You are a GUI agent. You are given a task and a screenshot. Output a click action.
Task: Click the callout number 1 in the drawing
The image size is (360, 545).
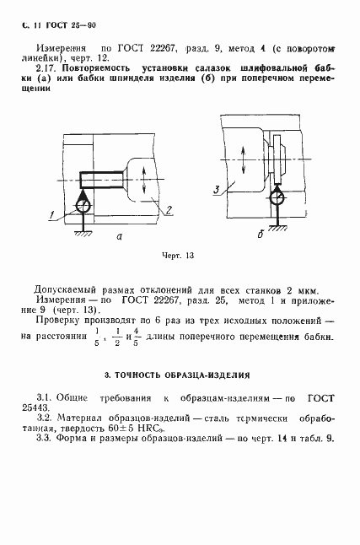51,218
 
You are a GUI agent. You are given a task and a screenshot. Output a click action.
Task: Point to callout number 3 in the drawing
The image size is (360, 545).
218,190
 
